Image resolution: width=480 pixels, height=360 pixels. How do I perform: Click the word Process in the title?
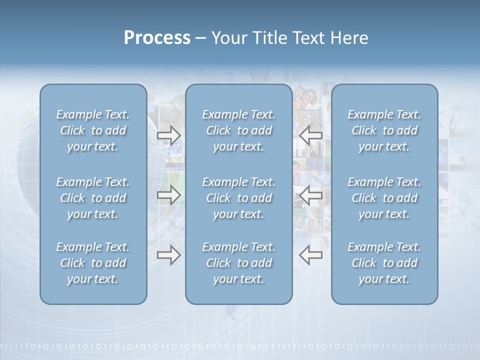[x=157, y=38]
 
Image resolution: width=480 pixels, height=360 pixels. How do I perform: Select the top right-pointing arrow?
[x=168, y=135]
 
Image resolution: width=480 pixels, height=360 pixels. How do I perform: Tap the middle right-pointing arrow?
[x=168, y=195]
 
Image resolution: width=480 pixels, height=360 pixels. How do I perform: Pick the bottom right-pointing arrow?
[x=168, y=255]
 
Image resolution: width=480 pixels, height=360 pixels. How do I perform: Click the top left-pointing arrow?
[x=310, y=135]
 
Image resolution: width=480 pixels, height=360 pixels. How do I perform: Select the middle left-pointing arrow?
[x=310, y=195]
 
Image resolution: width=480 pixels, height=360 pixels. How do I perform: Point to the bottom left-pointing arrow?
[x=310, y=255]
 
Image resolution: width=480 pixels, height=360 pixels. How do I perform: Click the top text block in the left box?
[x=93, y=130]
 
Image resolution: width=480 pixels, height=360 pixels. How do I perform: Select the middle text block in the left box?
[x=93, y=198]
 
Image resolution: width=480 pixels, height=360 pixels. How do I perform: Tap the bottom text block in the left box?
[x=93, y=263]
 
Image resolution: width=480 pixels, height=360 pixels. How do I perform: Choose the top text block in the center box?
[x=238, y=130]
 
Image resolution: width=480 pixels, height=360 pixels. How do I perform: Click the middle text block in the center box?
[x=238, y=198]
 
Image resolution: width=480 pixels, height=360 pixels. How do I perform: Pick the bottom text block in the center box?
[x=238, y=263]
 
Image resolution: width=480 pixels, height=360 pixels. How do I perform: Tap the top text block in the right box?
[x=384, y=130]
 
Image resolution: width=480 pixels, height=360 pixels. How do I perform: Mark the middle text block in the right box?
[x=384, y=198]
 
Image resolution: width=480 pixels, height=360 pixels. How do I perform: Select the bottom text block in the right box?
[x=384, y=263]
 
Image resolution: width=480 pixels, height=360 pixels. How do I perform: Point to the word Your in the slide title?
[x=228, y=38]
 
